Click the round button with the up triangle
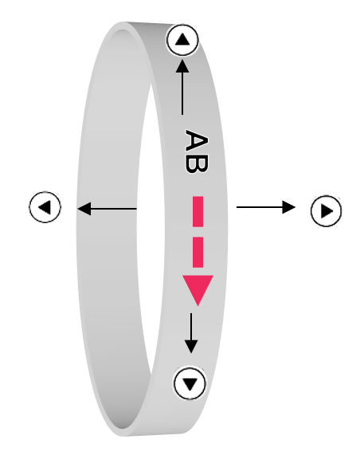(182, 40)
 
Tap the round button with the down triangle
(190, 383)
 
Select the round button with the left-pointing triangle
(45, 207)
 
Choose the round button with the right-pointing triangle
(326, 211)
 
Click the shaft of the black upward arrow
(182, 93)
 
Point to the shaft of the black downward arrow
(191, 327)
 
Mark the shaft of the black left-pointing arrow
(113, 209)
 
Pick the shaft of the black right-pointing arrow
(260, 207)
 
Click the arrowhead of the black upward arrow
(182, 66)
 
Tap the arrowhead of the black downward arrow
(191, 347)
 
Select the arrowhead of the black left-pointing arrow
(84, 209)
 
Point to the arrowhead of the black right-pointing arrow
(289, 207)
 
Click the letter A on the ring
(197, 140)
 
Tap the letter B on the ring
(197, 164)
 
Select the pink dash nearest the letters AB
(198, 211)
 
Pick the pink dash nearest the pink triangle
(198, 252)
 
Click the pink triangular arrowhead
(198, 288)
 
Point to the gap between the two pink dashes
(198, 232)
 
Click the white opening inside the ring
(151, 226)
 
